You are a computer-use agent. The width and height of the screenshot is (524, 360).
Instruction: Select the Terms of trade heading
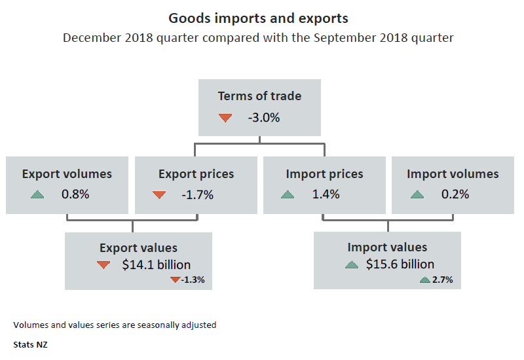[x=259, y=96]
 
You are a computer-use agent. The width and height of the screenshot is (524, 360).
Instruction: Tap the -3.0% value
[x=264, y=118]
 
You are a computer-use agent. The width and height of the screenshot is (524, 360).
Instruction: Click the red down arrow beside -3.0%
[x=225, y=118]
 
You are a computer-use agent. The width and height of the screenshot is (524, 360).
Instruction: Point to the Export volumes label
[x=67, y=174]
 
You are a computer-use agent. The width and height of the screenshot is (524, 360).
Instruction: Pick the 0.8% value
[x=75, y=194]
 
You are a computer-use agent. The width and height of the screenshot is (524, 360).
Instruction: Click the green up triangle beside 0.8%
[x=37, y=194]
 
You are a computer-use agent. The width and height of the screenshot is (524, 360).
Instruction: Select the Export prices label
[x=196, y=174]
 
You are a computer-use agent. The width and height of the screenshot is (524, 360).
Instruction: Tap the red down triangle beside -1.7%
[x=159, y=194]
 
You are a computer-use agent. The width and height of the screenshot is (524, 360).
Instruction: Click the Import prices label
[x=324, y=174]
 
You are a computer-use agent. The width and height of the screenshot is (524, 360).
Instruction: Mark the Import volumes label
[x=453, y=174]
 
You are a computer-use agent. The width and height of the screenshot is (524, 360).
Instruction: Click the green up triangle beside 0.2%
[x=417, y=194]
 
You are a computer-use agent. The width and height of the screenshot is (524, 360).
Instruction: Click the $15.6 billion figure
[x=400, y=264]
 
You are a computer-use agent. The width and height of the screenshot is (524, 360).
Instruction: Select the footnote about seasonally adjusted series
[x=115, y=325]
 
